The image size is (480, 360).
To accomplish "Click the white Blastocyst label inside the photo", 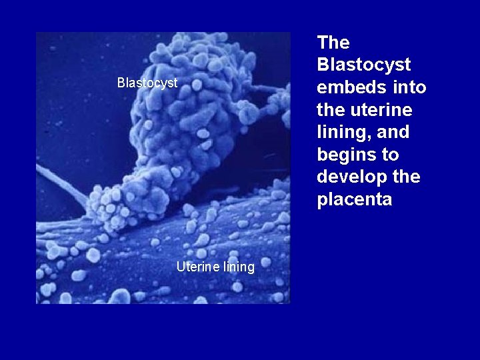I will click(x=147, y=83).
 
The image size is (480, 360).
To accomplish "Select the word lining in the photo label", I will click(x=239, y=267).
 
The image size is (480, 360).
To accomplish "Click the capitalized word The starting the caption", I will click(x=333, y=43).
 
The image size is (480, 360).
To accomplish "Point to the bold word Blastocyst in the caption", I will click(x=364, y=65).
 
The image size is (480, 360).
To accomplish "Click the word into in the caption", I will click(x=409, y=88).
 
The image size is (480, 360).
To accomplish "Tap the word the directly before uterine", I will click(x=331, y=110).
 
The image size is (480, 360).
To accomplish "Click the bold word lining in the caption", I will click(x=341, y=133).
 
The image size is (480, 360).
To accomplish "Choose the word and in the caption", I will click(x=393, y=133).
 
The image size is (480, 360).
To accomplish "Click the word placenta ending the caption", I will click(x=355, y=200).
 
